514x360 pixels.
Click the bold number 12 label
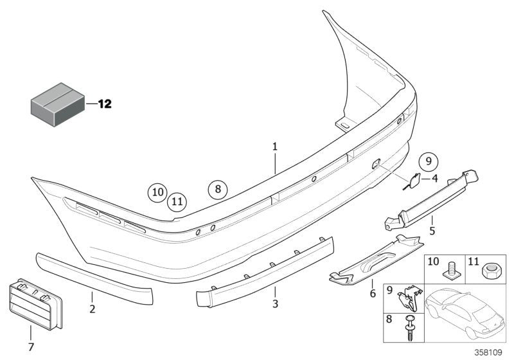(104, 103)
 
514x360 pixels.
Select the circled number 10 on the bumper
(157, 191)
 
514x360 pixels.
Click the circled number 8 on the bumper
(218, 189)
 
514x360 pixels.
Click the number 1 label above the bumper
(274, 147)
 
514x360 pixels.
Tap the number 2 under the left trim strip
(92, 310)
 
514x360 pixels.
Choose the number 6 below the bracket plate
(371, 294)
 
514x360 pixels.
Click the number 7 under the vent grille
(30, 348)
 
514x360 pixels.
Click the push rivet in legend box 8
(410, 328)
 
